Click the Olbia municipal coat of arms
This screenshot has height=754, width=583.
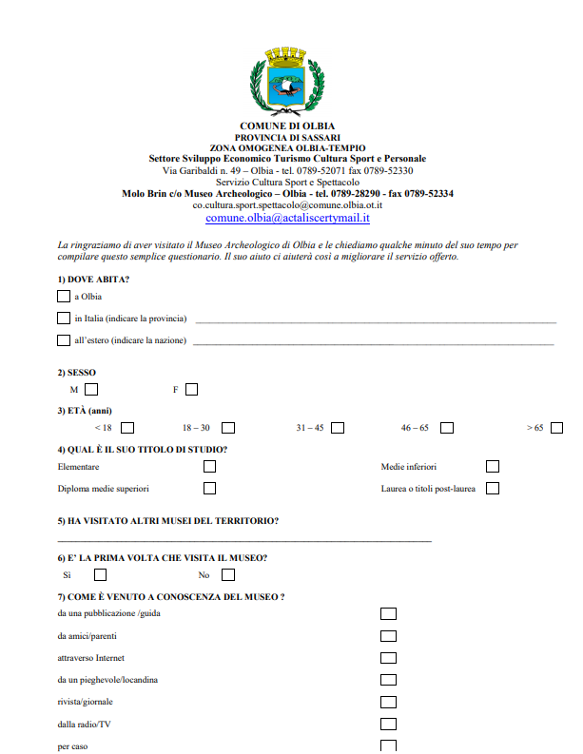(x=286, y=83)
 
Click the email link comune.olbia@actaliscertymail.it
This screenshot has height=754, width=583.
(x=287, y=218)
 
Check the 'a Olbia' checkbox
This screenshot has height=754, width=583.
(x=64, y=296)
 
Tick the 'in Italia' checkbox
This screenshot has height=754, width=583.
(x=64, y=318)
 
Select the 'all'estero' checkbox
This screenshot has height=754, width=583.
(x=64, y=339)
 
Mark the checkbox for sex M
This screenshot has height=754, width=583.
(x=91, y=389)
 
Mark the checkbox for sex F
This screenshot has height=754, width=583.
(x=192, y=389)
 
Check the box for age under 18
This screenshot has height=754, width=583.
(x=127, y=428)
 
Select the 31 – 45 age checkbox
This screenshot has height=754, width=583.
(x=339, y=428)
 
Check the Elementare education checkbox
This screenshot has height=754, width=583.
(x=209, y=467)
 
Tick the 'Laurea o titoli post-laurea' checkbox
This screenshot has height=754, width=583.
(x=493, y=488)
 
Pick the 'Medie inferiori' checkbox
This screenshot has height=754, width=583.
(x=493, y=467)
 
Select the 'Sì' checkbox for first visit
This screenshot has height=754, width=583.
(x=101, y=574)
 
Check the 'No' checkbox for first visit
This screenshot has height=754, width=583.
(x=228, y=574)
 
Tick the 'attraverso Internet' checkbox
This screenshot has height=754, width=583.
(x=388, y=658)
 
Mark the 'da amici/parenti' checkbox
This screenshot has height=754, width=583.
(x=388, y=636)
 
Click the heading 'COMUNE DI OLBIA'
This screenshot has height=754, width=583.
(x=287, y=126)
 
